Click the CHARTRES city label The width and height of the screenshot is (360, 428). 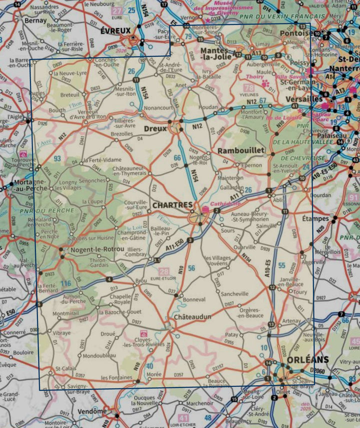click(x=172, y=205)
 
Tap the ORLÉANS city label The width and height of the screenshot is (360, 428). click(x=308, y=360)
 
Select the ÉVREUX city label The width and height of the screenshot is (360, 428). click(x=115, y=30)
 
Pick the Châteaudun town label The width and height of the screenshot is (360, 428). click(x=192, y=317)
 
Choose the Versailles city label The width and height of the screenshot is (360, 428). click(x=303, y=99)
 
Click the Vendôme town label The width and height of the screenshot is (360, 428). click(x=92, y=411)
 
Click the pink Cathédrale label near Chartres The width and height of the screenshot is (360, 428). click(x=225, y=204)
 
